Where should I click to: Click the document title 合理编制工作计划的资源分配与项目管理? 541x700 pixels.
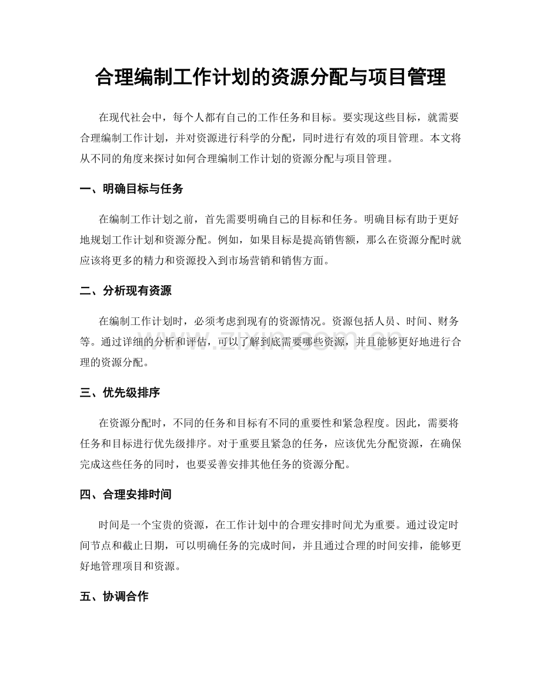pos(270,78)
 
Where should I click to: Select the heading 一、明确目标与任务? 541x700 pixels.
pos(132,189)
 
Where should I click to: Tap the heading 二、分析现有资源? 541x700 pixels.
pos(125,290)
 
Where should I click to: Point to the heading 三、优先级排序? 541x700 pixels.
pos(119,393)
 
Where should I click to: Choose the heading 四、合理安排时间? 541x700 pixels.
pos(125,494)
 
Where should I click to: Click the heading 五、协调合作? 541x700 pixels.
pos(113,597)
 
